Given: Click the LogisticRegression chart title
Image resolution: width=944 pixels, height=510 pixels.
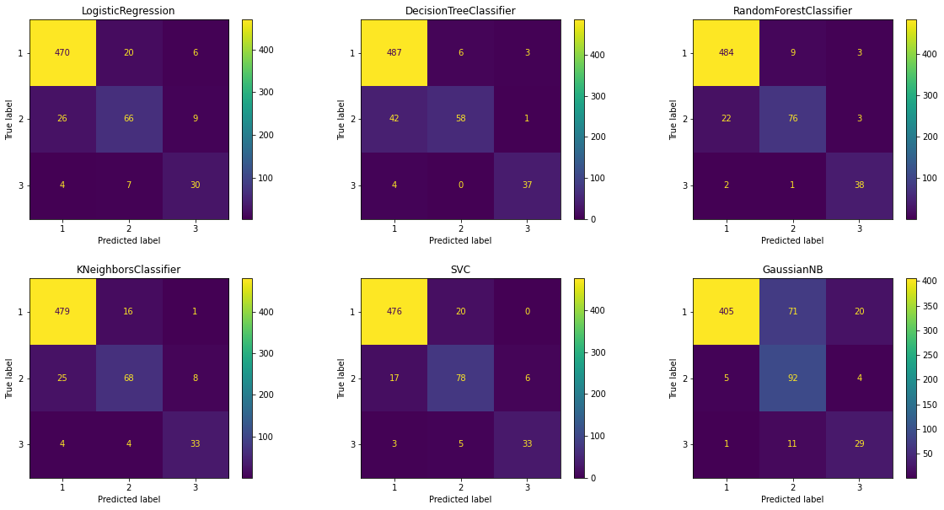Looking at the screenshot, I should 128,11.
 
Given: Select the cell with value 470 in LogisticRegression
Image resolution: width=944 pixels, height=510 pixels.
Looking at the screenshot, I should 62,52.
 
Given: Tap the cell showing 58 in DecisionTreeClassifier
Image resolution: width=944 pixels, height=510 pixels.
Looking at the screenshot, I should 460,119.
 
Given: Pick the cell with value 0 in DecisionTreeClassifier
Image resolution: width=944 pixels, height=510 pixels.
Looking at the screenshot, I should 460,185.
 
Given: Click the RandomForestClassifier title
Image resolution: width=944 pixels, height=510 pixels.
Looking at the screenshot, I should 792,11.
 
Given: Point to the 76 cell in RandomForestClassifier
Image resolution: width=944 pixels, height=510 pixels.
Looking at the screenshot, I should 792,119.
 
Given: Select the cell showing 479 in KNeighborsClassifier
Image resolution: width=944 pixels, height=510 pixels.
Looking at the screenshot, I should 62,312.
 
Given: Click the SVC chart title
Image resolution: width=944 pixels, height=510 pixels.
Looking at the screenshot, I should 460,270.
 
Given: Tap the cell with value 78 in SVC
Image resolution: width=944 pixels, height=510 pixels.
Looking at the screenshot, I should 460,378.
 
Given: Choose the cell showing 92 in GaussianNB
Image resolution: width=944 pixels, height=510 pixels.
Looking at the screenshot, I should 792,378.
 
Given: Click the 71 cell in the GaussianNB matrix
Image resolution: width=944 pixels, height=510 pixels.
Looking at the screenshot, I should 792,312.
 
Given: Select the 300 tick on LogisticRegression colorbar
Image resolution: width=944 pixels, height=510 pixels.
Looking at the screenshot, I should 270,92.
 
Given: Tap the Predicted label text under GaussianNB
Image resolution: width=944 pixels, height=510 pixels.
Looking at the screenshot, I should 792,499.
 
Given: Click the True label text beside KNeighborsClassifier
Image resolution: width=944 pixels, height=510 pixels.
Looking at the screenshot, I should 10,378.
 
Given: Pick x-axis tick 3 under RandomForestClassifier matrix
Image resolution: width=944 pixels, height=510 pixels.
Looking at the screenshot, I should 859,228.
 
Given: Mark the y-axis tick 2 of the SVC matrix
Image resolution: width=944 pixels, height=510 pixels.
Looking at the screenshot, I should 352,378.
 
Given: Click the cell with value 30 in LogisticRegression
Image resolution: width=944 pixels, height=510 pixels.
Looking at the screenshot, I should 195,185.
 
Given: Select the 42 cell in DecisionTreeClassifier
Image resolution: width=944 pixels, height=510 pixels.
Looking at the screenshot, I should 394,119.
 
